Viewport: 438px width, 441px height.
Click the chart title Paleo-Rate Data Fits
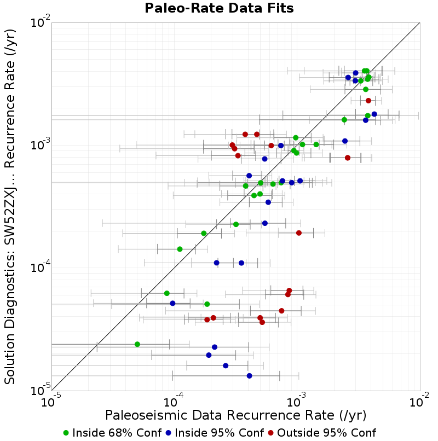(x=219, y=9)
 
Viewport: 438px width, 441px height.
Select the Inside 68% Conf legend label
(x=117, y=433)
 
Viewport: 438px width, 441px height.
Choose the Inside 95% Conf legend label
(x=219, y=433)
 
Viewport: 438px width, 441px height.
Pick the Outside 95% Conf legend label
(x=326, y=433)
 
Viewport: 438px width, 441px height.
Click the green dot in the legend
(x=66, y=433)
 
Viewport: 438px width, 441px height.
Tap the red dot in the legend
(x=272, y=433)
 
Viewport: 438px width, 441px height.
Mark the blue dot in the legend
(x=169, y=433)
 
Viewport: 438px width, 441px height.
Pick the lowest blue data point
(x=250, y=376)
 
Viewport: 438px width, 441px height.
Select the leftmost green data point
(x=137, y=344)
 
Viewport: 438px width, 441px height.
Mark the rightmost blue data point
(x=374, y=114)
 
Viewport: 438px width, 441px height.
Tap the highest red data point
(x=368, y=101)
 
